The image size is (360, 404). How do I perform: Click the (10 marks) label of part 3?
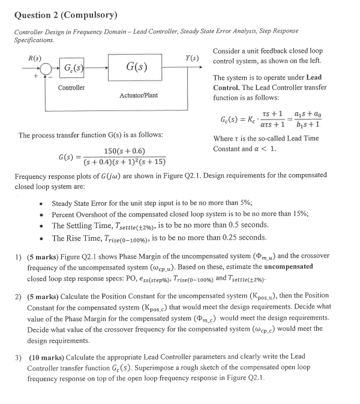point(47,357)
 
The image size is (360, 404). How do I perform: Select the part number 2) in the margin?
point(18,295)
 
